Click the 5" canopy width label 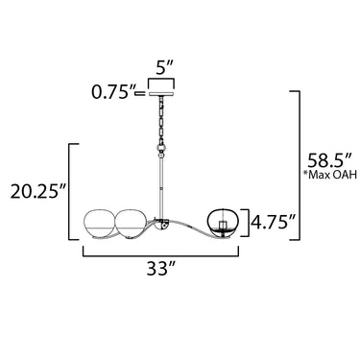click(x=164, y=68)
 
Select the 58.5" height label click(x=329, y=160)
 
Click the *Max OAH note click(x=330, y=175)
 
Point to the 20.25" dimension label click(x=38, y=191)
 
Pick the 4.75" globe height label click(x=273, y=222)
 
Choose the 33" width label click(x=161, y=269)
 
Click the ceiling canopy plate click(x=161, y=94)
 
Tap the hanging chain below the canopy click(x=161, y=120)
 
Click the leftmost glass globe click(x=99, y=224)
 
